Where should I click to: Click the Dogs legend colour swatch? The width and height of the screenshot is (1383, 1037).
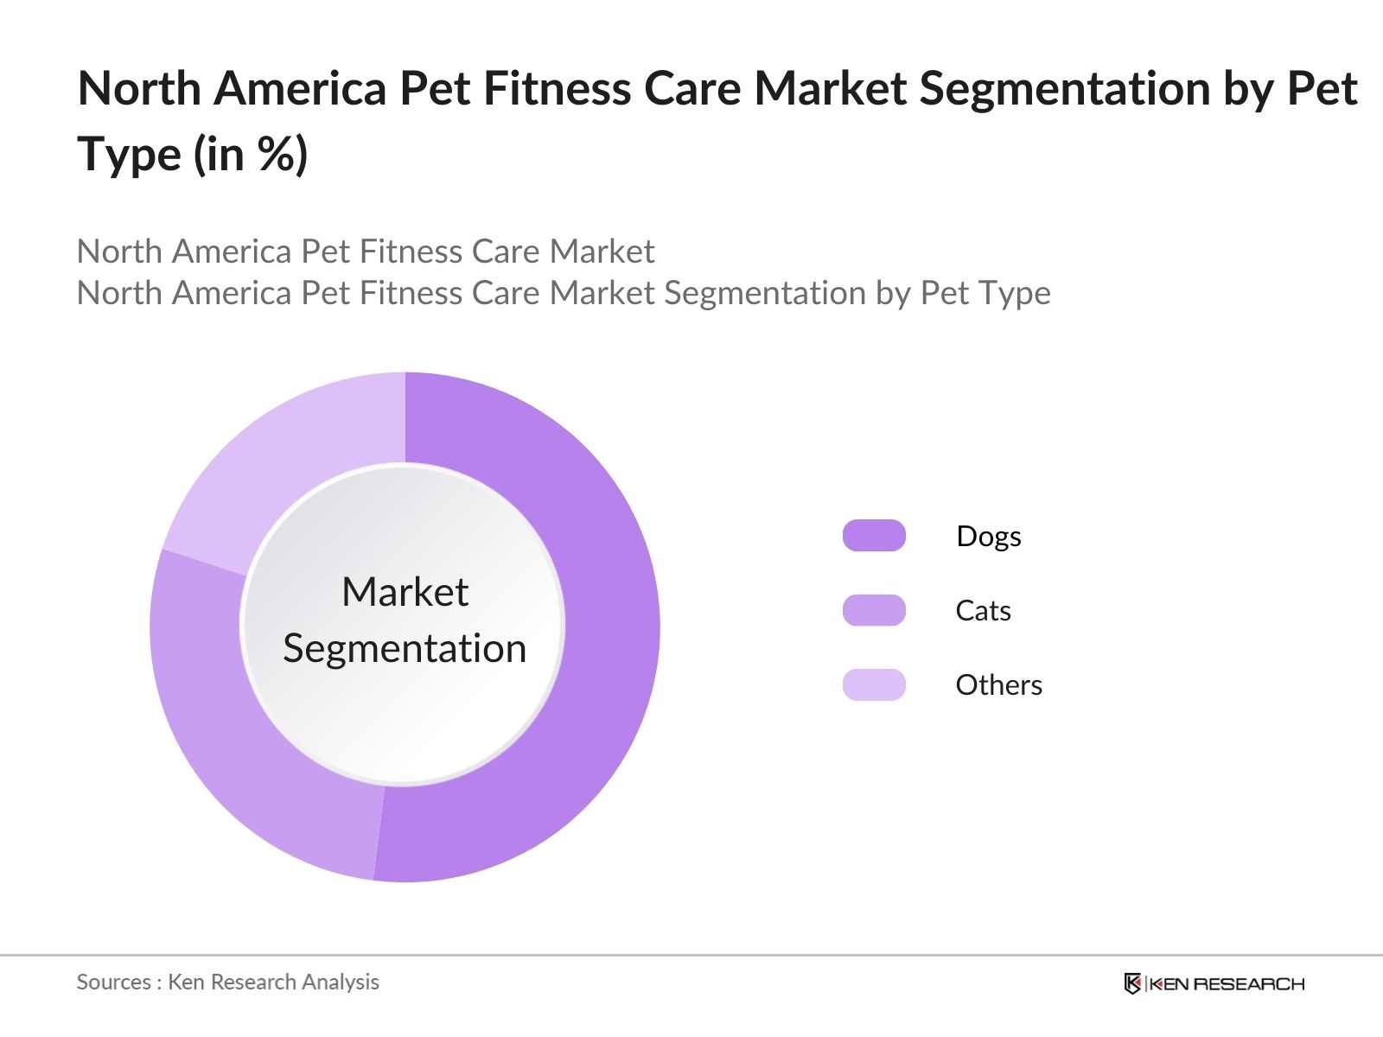point(874,536)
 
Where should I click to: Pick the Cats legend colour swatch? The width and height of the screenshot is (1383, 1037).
point(874,610)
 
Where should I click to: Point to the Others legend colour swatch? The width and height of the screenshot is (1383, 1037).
point(874,684)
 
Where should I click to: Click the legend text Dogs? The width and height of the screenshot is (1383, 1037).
point(988,537)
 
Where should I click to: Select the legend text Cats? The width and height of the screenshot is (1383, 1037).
point(983,611)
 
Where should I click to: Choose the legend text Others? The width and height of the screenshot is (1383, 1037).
point(998,685)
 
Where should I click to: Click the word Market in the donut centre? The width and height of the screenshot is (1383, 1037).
point(405,593)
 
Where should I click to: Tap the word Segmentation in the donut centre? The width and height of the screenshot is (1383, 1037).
point(405,649)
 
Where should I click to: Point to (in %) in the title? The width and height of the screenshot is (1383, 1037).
point(251,156)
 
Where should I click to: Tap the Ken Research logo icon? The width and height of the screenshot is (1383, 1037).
point(1132,983)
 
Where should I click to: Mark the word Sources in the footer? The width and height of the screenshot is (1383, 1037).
point(113,983)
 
